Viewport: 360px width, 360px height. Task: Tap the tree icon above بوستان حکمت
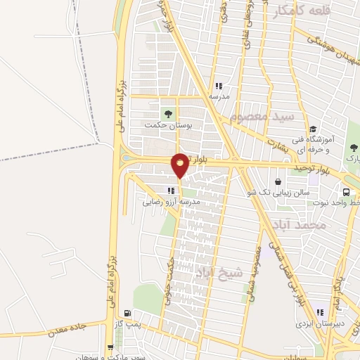[167, 112]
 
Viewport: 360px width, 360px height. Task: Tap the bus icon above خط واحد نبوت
[346, 192]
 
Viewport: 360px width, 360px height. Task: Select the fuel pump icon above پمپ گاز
[127, 314]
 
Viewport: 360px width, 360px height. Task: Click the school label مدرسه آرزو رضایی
[172, 202]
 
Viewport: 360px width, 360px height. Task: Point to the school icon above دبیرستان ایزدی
[321, 312]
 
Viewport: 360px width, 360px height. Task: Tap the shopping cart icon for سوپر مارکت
[110, 347]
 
